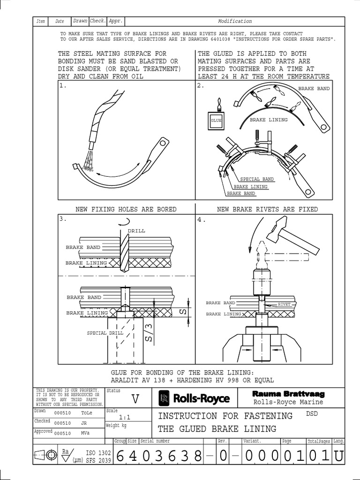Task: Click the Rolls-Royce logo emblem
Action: tap(164, 398)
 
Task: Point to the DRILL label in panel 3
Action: tap(136, 231)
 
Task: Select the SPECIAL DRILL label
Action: tap(105, 333)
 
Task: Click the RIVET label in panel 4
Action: tap(284, 304)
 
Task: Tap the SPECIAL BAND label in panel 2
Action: tap(257, 179)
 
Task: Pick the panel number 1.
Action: tap(63, 86)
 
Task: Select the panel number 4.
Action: tap(202, 219)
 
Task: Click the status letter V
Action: tap(135, 399)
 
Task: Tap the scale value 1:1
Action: tap(125, 417)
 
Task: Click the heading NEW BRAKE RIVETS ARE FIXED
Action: tap(267, 209)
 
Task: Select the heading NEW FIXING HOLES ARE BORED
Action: tap(126, 209)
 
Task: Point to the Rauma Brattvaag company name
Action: tap(288, 394)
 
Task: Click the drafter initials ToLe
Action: tap(87, 413)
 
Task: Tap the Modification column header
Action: tap(235, 21)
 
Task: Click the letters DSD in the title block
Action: tap(312, 413)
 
